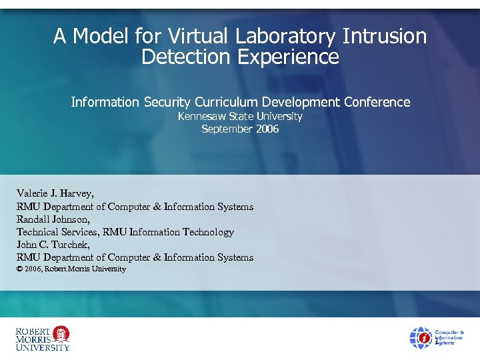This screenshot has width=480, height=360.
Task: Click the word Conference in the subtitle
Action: point(377,102)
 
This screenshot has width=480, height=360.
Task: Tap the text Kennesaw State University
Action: point(240,117)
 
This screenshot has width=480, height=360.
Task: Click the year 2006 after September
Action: point(267,129)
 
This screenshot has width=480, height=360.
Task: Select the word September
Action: point(227,129)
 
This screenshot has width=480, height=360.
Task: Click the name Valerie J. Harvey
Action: point(55,194)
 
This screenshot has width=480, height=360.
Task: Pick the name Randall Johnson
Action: point(53,219)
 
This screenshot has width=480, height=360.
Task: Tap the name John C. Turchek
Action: point(53,245)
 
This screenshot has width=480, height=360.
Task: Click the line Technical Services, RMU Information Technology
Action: point(125,232)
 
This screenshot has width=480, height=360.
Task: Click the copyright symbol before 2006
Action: point(19,269)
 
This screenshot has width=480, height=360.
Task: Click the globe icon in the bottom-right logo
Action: point(421,337)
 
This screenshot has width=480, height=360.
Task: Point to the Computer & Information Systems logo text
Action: point(450,337)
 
